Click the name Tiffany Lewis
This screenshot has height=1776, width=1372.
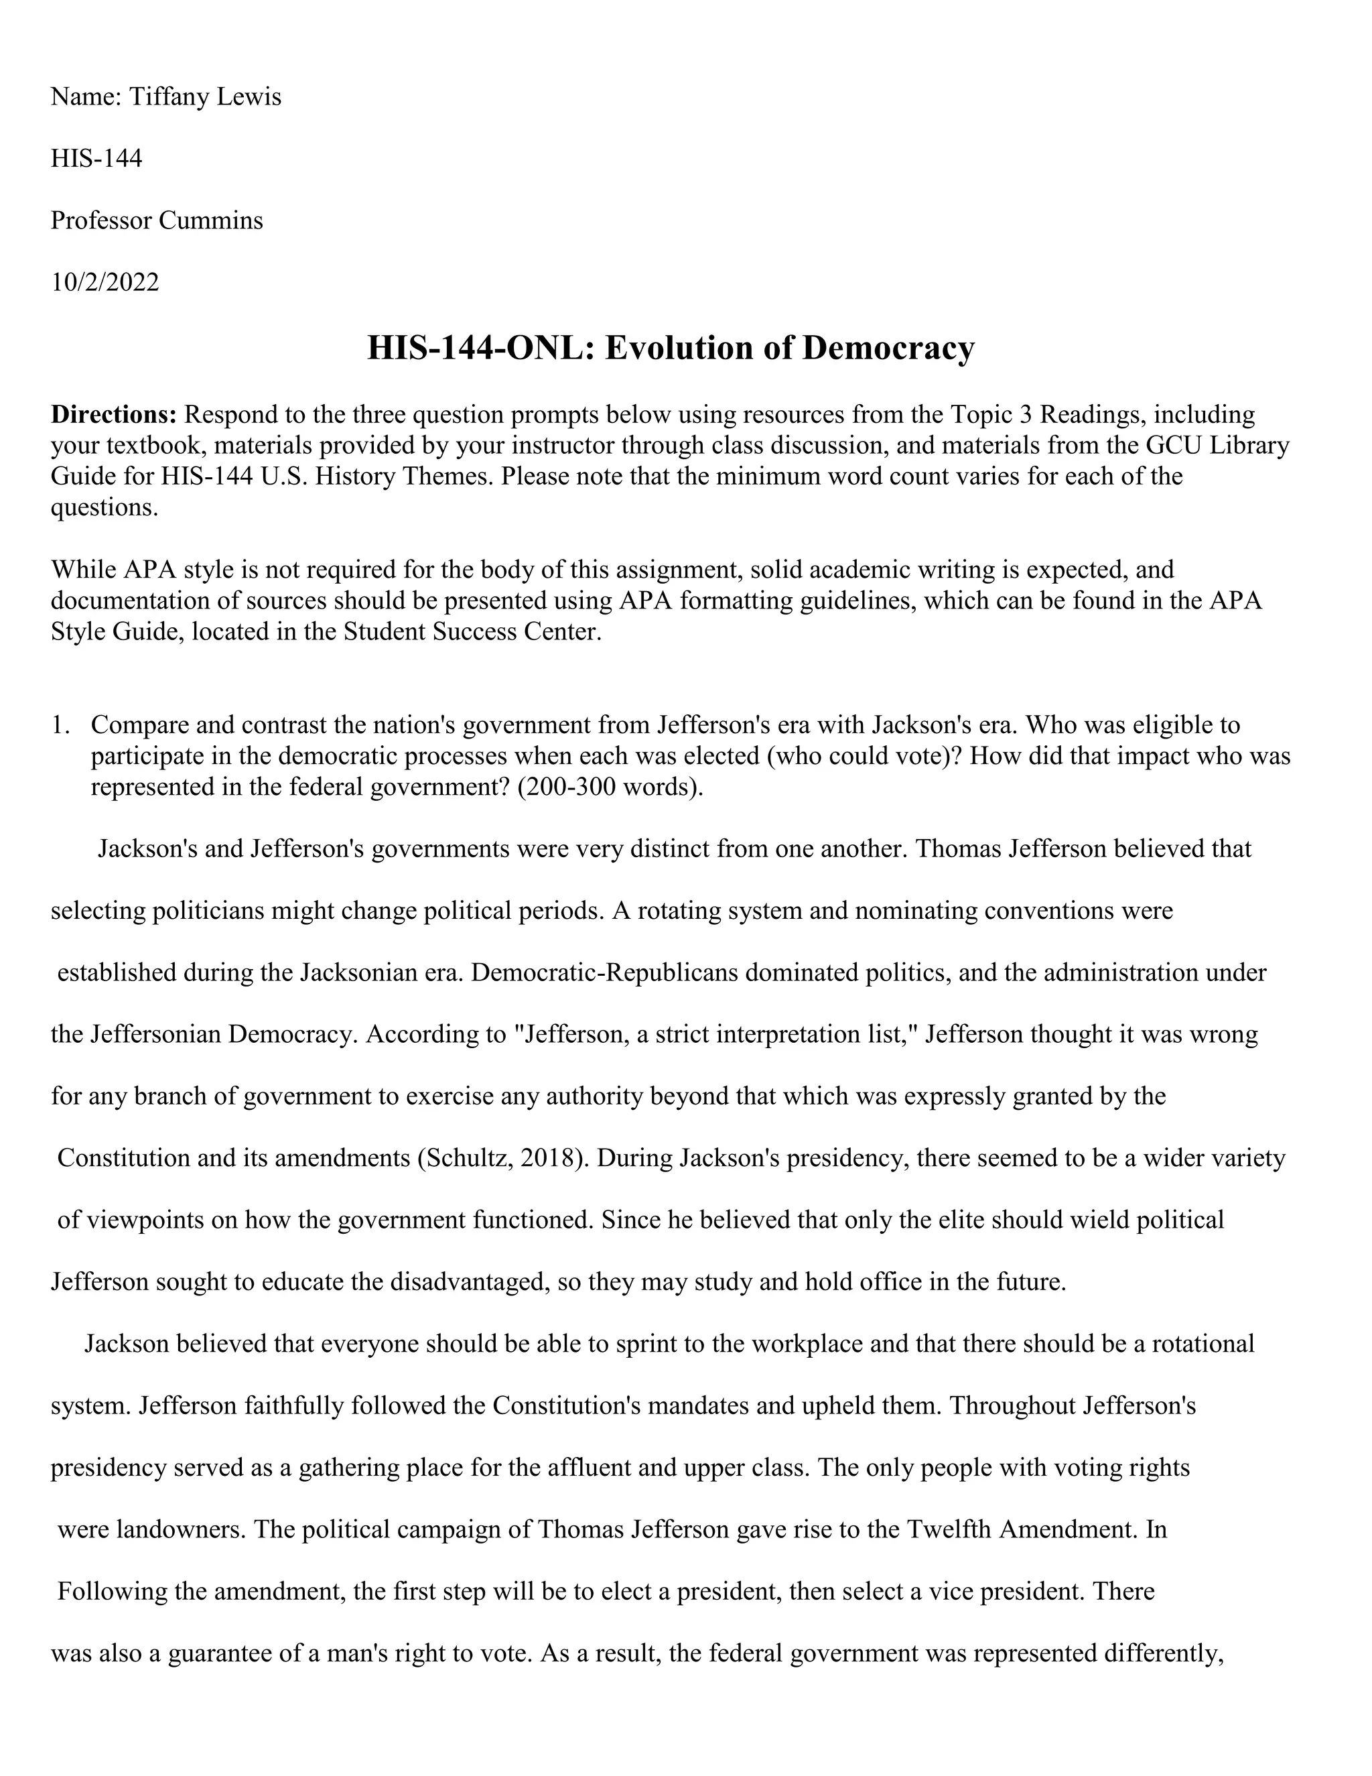click(206, 97)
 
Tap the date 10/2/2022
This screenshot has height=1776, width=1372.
click(105, 282)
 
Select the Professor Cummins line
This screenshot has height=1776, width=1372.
click(157, 220)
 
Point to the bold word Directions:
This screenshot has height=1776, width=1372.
click(114, 415)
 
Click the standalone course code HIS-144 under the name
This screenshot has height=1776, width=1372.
click(96, 159)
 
